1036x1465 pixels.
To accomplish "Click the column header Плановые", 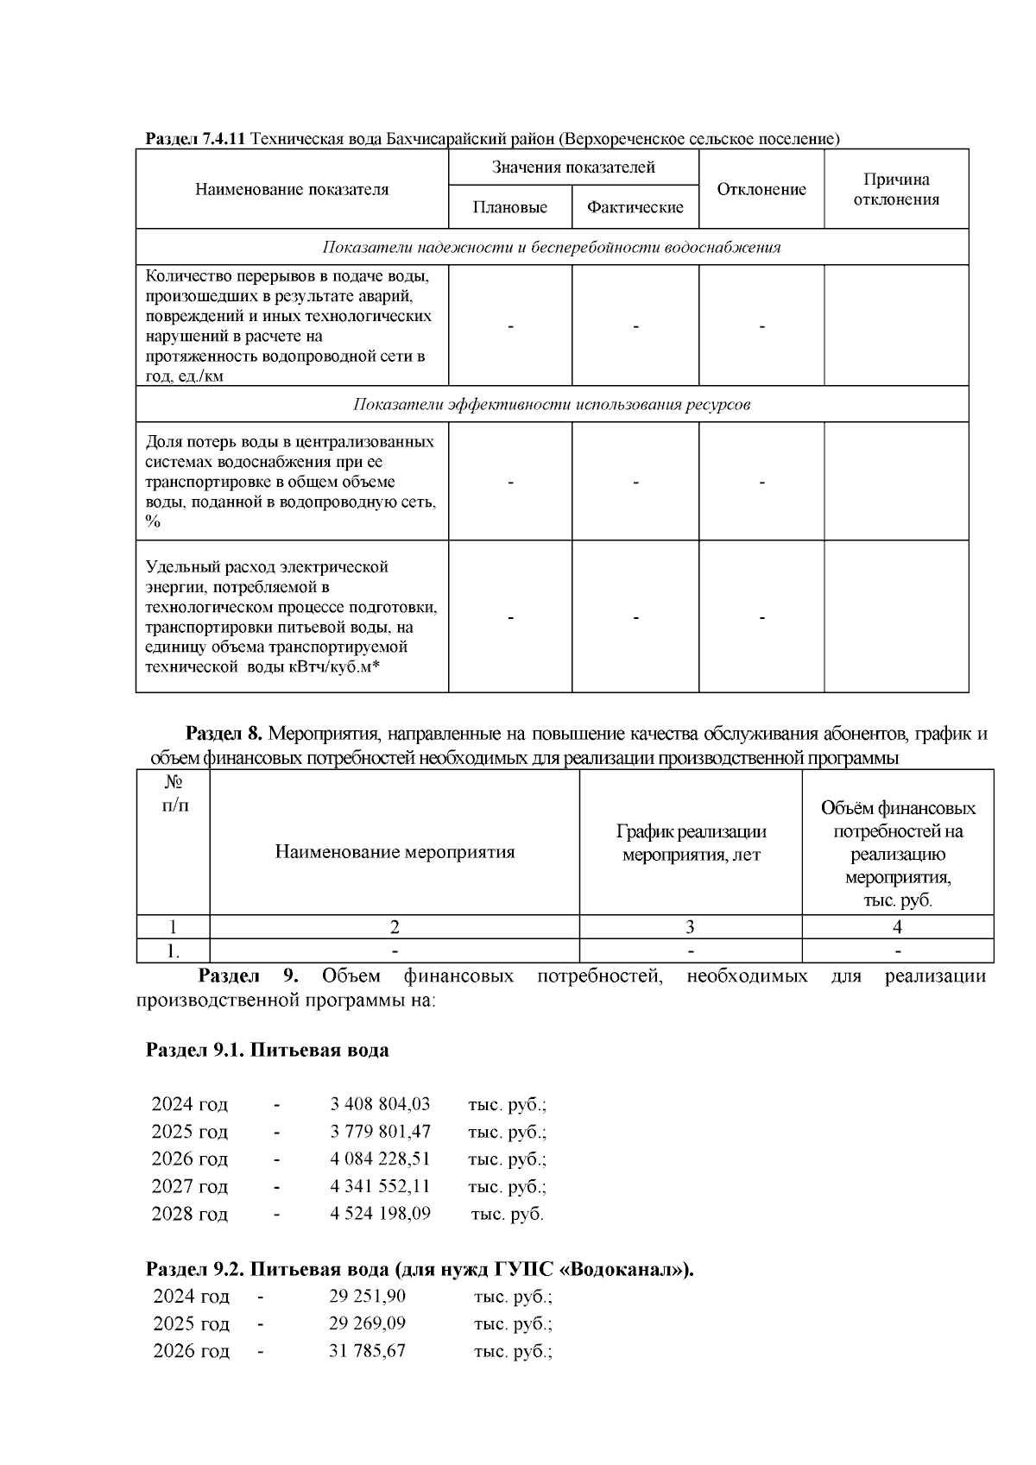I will [510, 207].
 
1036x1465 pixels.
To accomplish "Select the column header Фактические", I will [635, 207].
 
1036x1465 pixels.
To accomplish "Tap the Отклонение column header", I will [761, 189].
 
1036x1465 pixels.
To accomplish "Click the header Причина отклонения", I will [896, 189].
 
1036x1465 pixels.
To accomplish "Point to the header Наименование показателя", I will [292, 189].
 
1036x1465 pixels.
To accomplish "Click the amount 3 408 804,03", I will [380, 1103].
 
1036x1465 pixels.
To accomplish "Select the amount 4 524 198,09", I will [380, 1213].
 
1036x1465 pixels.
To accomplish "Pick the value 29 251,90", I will [367, 1296].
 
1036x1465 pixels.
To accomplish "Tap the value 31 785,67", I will [367, 1350].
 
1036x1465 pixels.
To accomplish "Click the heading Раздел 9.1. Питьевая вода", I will [268, 1050].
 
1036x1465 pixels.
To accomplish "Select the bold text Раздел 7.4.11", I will [196, 138].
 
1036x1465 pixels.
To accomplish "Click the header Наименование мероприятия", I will [395, 852].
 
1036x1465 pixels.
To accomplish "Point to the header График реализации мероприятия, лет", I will [691, 843].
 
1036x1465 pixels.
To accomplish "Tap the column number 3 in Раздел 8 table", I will [690, 927].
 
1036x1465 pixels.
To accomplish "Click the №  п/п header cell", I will [174, 793].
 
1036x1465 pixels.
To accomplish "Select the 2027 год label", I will [190, 1186].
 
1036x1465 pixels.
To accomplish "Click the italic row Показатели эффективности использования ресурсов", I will [552, 404].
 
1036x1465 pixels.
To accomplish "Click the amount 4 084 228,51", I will [380, 1159].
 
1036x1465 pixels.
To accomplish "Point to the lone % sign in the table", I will [153, 521].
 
